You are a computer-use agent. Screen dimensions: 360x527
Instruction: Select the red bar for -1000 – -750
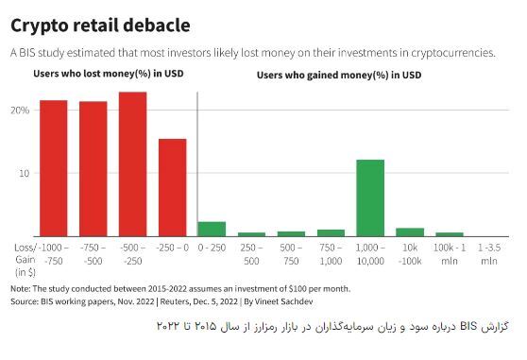click(x=54, y=168)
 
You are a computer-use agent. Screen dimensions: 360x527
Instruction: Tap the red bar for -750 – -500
click(x=93, y=168)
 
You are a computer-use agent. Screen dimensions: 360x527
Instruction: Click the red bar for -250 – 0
click(x=172, y=187)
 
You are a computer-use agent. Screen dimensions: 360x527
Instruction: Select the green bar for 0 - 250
click(x=212, y=229)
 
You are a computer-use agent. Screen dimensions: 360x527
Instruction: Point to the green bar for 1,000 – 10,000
click(x=370, y=197)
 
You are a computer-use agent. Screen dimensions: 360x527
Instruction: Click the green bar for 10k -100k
click(x=410, y=231)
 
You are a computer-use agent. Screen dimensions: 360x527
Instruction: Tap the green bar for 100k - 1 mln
click(x=450, y=233)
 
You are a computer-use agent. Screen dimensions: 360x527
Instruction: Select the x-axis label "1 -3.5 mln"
click(x=488, y=253)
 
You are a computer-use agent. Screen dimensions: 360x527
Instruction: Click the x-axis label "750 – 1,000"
click(x=331, y=253)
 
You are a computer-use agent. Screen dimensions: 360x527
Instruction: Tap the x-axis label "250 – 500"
click(x=251, y=253)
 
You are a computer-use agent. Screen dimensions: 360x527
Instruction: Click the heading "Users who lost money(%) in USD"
click(x=96, y=73)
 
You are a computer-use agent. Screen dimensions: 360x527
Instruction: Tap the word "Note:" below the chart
click(x=21, y=288)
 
